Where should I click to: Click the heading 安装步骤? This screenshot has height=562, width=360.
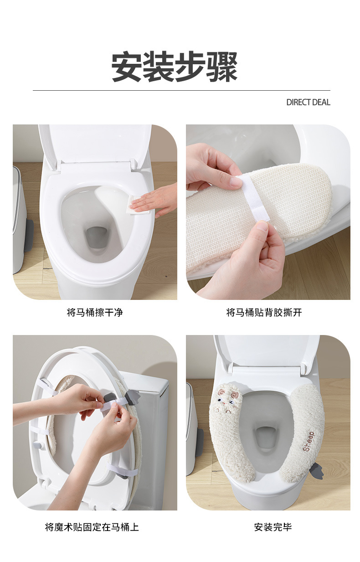click(175, 67)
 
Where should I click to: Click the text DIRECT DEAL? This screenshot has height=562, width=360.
click(308, 103)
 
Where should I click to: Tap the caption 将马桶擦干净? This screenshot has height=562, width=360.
click(95, 313)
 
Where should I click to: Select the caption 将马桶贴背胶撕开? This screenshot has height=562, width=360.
click(264, 313)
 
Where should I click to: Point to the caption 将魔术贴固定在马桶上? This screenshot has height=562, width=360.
click(92, 527)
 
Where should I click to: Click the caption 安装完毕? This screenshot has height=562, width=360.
click(273, 527)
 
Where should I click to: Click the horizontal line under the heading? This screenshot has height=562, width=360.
click(181, 91)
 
